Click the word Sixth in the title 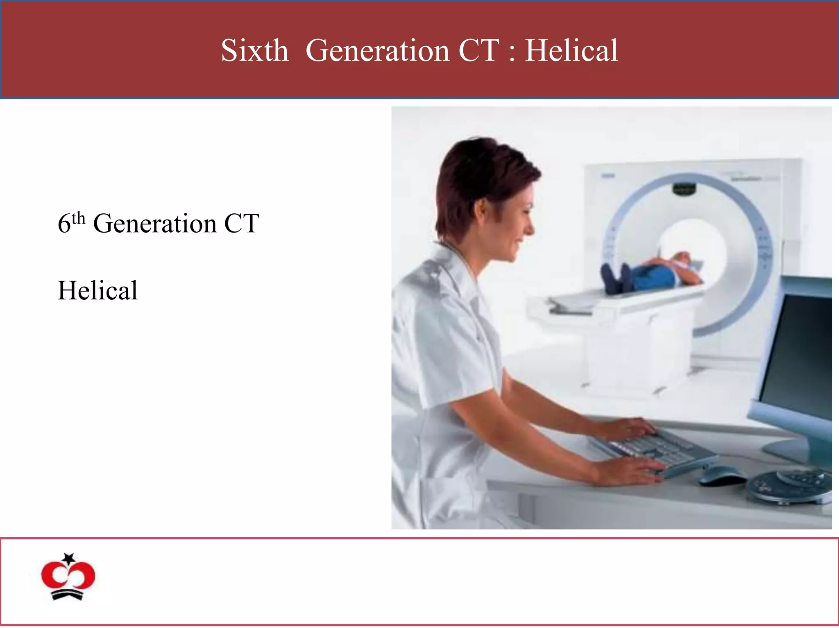click(x=254, y=51)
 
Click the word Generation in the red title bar click(x=377, y=51)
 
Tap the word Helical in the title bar click(x=571, y=51)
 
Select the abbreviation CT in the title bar click(x=478, y=51)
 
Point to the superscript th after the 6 click(x=79, y=219)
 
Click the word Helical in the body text click(x=98, y=291)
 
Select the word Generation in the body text click(x=154, y=224)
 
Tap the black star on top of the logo click(x=69, y=558)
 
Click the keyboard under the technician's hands click(x=651, y=450)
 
